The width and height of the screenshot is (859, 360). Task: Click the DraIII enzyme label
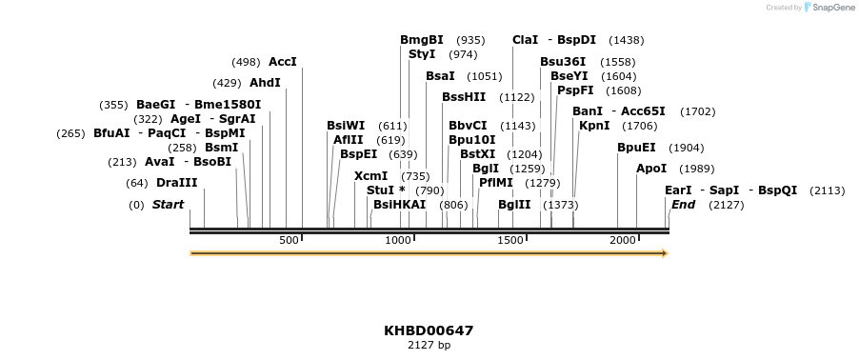point(177,183)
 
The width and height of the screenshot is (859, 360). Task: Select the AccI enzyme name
point(283,62)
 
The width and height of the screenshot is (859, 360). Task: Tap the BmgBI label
point(422,40)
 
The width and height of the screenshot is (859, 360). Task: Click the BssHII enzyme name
point(464,97)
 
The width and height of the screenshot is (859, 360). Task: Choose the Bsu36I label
point(563,62)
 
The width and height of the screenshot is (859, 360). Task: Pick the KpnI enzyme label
point(594,126)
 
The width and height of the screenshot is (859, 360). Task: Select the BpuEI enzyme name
point(636,148)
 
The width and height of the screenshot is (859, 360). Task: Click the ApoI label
point(651,169)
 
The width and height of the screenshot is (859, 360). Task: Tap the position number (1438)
point(627,40)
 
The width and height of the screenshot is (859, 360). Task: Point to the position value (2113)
point(827,190)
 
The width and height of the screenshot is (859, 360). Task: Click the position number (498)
point(246,62)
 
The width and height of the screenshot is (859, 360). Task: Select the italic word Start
point(168,205)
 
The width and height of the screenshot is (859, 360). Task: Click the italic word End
point(683,205)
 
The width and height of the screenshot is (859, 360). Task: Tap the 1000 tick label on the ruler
point(399,240)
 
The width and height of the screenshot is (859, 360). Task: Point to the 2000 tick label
point(623,240)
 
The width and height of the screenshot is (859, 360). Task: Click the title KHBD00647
point(429,330)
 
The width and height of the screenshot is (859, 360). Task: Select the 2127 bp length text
point(429,345)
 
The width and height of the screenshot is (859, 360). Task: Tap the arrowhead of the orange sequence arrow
point(665,253)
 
